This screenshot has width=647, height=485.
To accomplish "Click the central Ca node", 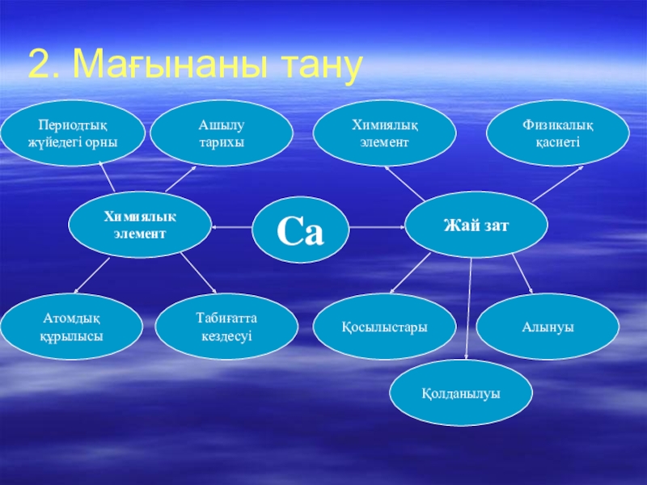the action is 300,230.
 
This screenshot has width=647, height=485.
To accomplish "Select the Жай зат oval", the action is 476,225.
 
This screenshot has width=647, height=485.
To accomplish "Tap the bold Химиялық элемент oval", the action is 140,225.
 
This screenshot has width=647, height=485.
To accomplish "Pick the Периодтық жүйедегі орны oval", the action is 73,133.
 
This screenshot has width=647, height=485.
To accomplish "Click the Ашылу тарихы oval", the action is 222,133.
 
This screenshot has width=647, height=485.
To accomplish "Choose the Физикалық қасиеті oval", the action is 558,133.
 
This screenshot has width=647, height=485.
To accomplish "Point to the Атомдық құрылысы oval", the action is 71,327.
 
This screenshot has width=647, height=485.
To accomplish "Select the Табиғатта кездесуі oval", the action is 226,327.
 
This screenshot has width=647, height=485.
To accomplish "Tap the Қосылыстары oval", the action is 385,327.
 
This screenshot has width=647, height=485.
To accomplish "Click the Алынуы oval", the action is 548,327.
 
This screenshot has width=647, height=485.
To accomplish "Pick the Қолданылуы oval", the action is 461,393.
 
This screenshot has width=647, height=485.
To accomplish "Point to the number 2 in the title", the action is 38,64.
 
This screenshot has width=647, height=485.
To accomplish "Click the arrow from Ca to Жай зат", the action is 377,227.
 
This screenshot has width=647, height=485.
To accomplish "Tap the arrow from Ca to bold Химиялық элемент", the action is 231,227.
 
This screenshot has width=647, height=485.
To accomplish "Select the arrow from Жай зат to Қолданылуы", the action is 469,309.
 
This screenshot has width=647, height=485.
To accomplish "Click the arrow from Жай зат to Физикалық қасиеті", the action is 558,183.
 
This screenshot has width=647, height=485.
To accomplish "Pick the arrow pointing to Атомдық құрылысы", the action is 91,276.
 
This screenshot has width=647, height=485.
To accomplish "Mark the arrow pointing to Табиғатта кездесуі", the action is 198,273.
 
